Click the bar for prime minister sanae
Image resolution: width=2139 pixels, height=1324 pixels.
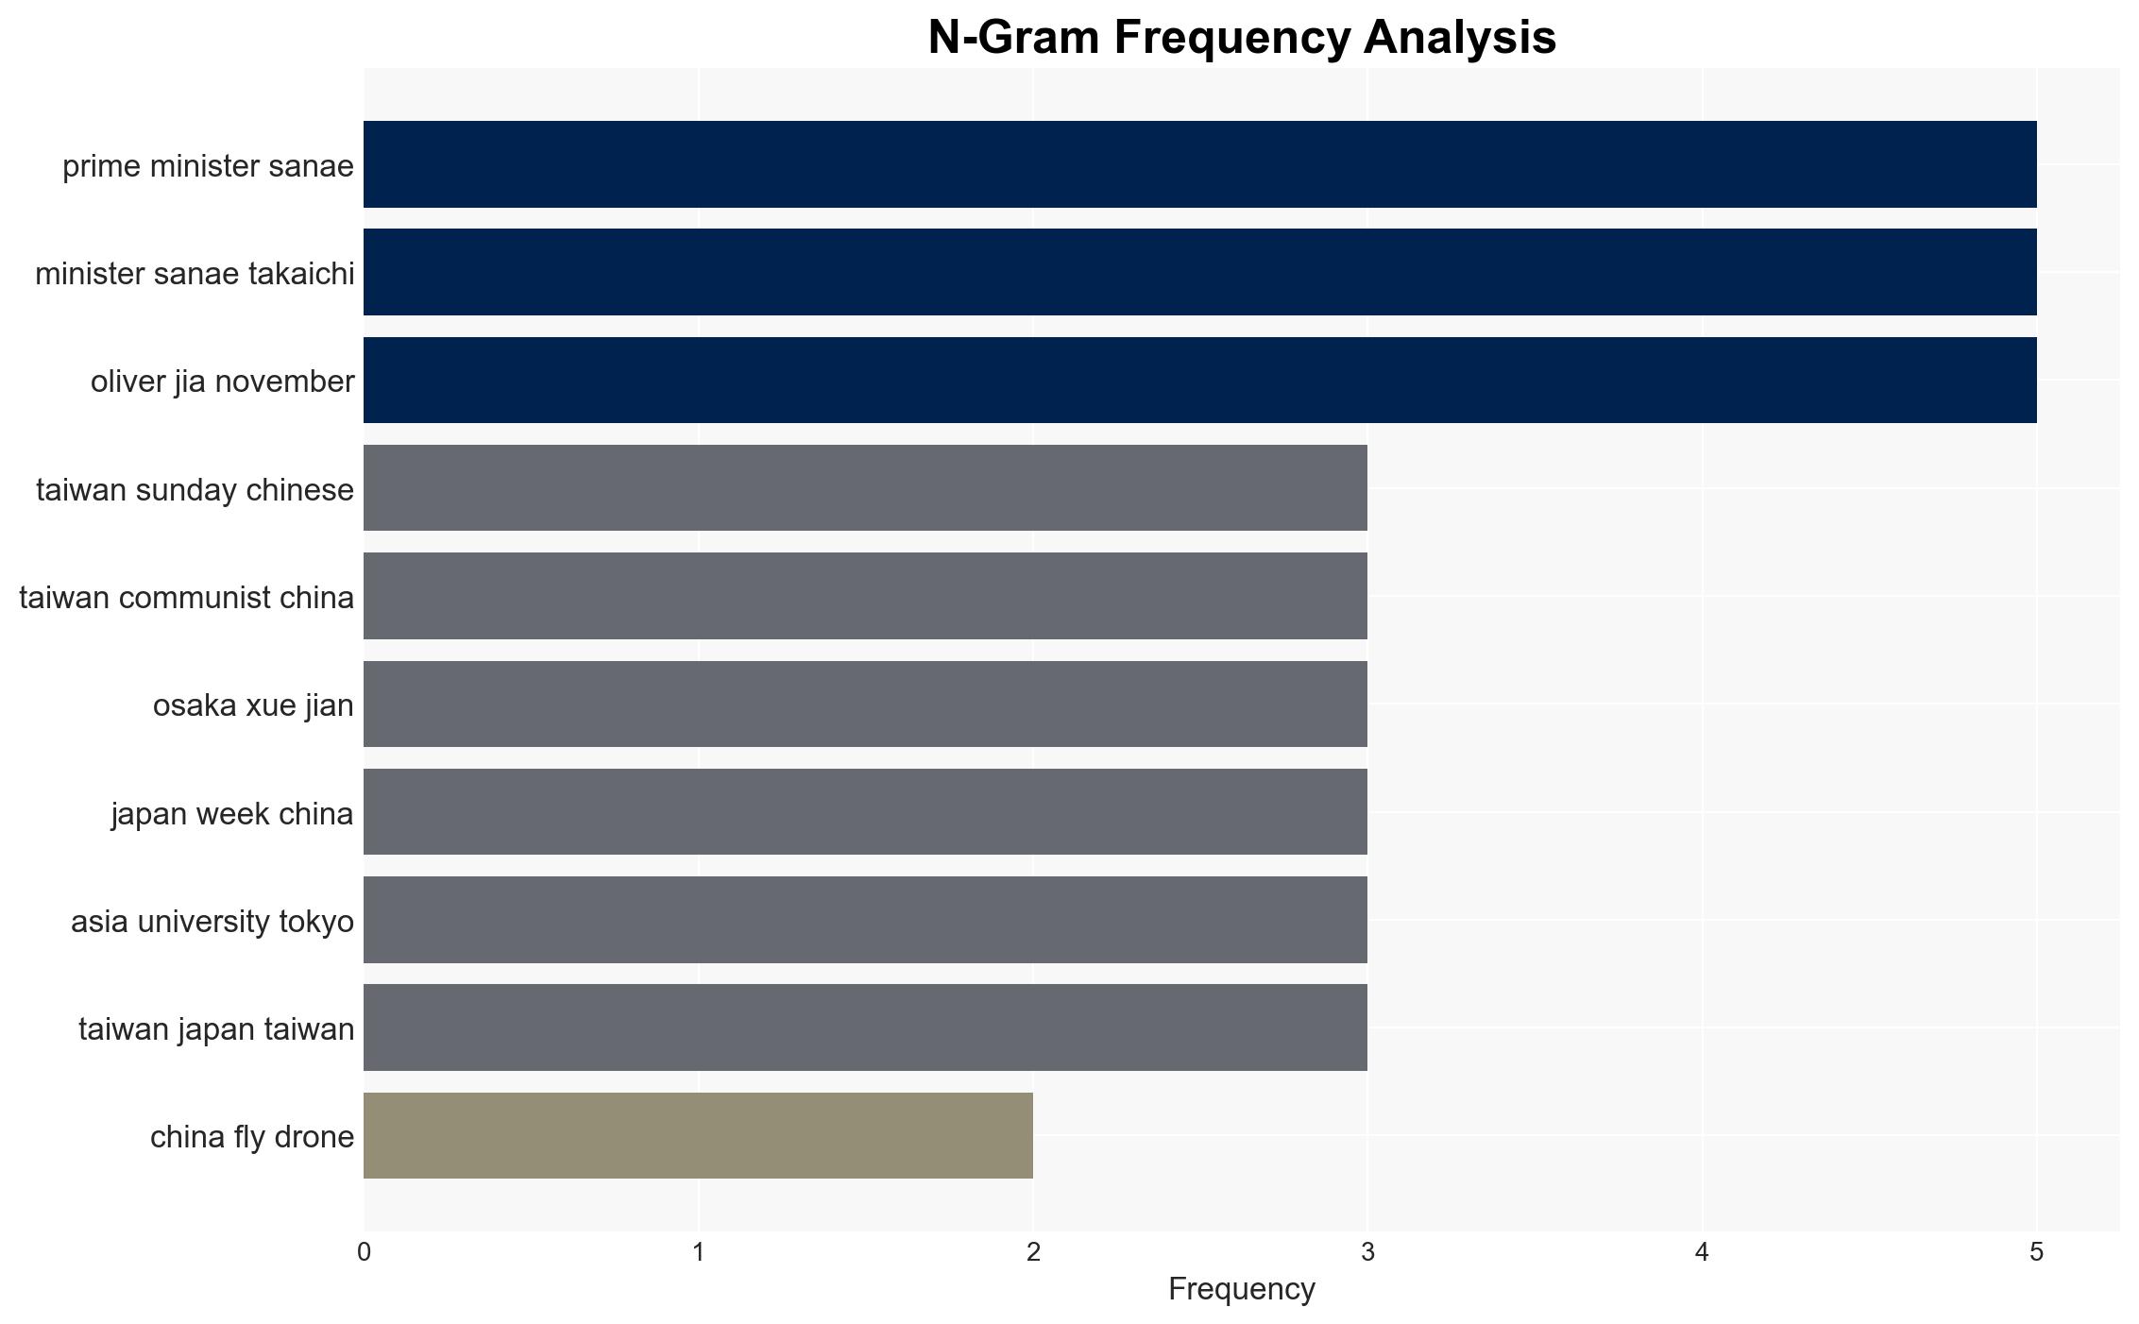1199,164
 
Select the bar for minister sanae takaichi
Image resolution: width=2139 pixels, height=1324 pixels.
1199,272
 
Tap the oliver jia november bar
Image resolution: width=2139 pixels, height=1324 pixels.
1199,380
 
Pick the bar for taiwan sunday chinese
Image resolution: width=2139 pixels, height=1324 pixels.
865,487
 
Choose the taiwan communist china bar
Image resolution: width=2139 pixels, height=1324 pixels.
865,596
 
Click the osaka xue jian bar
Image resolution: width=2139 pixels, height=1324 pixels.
865,704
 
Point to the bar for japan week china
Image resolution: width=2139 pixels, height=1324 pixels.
865,811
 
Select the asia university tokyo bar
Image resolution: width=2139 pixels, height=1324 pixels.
865,920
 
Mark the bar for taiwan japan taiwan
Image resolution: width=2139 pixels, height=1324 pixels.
865,1027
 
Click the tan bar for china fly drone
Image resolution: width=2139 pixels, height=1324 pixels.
698,1135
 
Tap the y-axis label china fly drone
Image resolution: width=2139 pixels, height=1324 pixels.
252,1137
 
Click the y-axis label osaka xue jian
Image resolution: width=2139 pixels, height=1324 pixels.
253,705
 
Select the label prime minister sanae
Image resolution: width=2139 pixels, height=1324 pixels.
208,166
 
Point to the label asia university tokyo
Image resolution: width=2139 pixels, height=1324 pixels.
212,922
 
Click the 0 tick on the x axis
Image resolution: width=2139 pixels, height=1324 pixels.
364,1252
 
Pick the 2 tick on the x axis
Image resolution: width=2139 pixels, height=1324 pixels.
1033,1252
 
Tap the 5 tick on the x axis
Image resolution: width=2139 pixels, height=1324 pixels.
2037,1252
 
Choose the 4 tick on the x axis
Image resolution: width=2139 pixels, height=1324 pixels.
1702,1252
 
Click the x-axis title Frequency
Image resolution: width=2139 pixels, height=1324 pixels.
1241,1289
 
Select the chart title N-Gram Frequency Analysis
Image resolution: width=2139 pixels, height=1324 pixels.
1242,38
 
